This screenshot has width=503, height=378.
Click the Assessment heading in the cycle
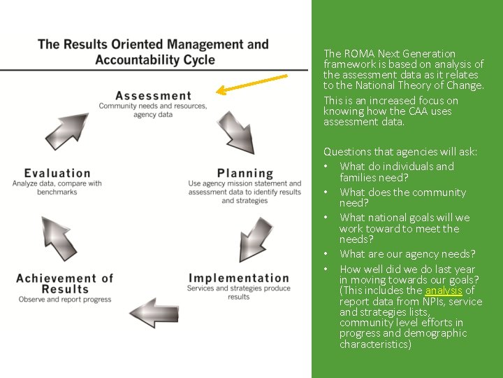[x=153, y=96]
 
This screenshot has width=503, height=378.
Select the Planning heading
[x=245, y=173]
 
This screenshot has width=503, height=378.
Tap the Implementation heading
[x=239, y=279]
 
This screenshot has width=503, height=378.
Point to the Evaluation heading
[x=57, y=173]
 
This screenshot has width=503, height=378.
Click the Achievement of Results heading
[x=65, y=283]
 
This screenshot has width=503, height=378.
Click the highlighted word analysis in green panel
[x=443, y=290]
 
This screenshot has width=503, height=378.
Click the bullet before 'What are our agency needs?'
[x=326, y=254]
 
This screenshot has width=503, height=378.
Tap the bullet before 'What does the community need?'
[x=326, y=192]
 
